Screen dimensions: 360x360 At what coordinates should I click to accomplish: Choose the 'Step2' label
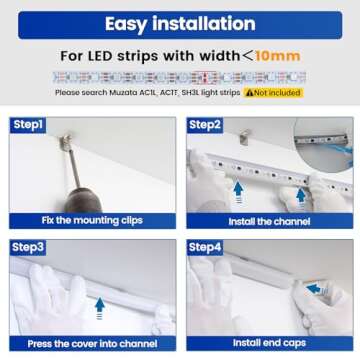204,125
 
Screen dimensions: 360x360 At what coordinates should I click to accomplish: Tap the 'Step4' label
204,246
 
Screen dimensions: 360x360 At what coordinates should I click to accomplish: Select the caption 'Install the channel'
269,220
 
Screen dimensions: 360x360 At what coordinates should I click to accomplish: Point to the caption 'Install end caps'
269,343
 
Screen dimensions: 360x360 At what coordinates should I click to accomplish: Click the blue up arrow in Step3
99,306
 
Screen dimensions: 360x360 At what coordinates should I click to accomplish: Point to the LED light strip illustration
180,77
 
